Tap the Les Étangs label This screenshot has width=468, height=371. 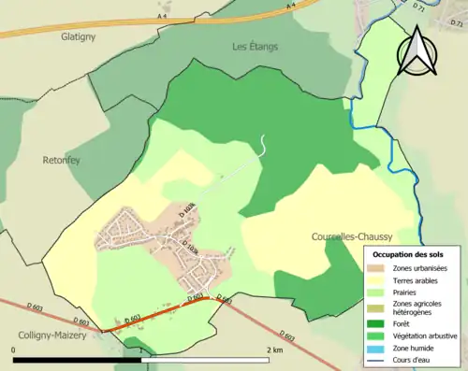coord(256,46)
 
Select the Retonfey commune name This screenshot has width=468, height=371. coord(64,160)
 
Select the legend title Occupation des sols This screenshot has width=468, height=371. coord(408,254)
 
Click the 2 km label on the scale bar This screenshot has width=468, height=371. coord(274,350)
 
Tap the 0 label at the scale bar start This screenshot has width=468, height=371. coord(14,350)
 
